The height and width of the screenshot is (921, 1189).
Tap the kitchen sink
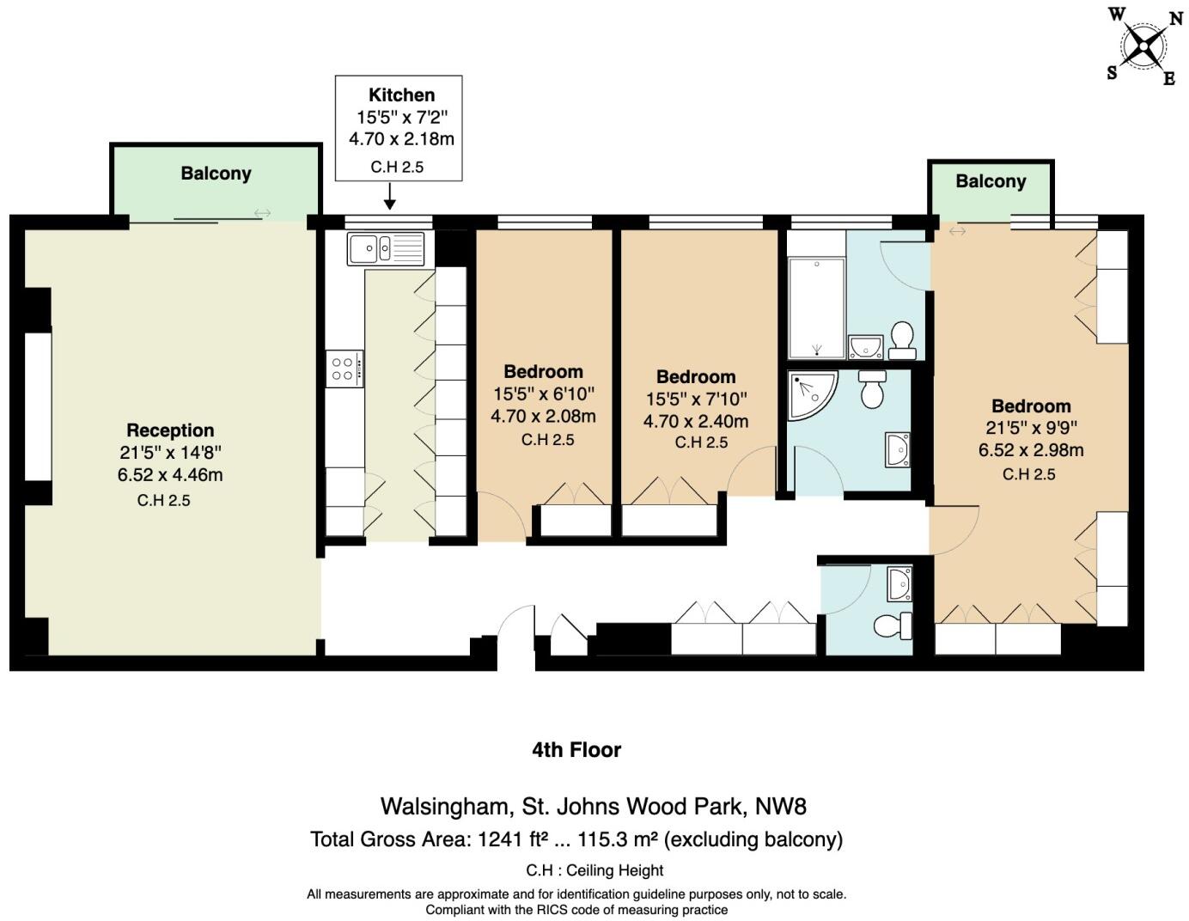click(x=386, y=248)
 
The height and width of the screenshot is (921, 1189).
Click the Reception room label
click(x=170, y=430)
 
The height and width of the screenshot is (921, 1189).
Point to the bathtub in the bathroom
click(x=816, y=307)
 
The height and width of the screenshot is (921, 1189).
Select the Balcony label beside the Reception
click(x=216, y=174)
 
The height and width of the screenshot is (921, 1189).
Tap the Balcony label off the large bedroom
click(x=991, y=181)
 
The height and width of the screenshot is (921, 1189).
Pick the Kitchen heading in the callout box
click(x=401, y=95)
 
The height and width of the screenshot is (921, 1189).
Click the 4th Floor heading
click(x=576, y=750)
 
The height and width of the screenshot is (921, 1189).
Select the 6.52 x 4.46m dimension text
click(x=170, y=475)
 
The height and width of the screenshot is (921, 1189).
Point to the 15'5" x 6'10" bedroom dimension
click(x=543, y=394)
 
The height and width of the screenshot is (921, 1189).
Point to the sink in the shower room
click(x=897, y=449)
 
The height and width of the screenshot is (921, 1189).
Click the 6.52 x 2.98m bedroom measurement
click(x=1031, y=450)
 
